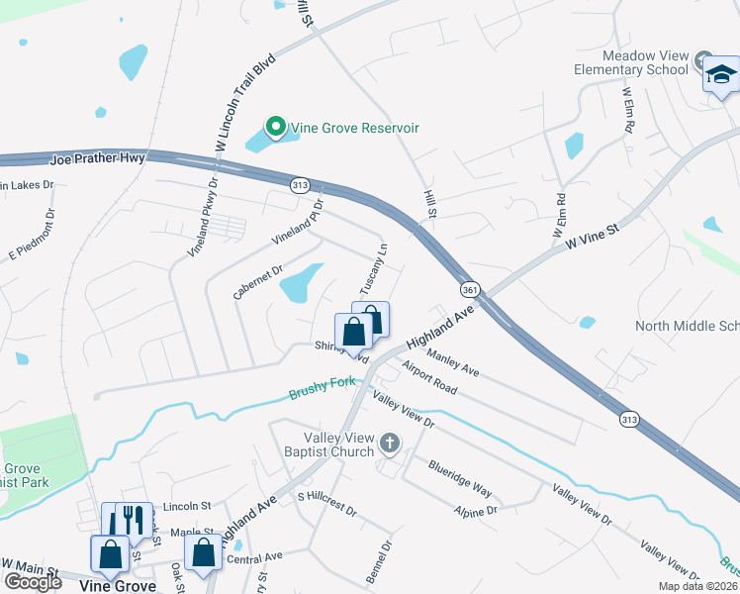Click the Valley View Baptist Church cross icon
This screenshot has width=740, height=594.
click(390, 444)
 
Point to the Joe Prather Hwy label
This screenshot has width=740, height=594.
click(97, 157)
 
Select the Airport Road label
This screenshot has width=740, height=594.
click(429, 377)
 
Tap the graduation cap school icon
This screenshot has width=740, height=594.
click(721, 75)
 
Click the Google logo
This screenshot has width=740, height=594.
click(33, 581)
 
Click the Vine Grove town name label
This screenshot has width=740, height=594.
click(117, 586)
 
